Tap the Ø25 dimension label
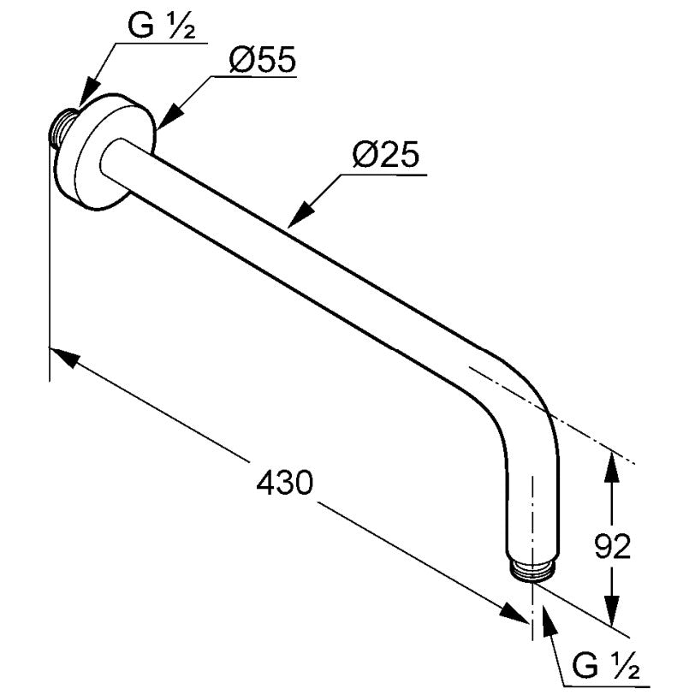click(386, 156)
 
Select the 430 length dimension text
click(284, 482)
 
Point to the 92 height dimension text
click(612, 547)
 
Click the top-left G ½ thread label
click(161, 27)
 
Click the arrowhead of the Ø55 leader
click(169, 116)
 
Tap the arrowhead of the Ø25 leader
click(300, 213)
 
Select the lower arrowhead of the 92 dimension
click(612, 610)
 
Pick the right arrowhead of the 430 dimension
click(514, 613)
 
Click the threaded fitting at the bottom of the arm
click(532, 572)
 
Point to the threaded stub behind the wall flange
click(61, 128)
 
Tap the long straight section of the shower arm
click(293, 257)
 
